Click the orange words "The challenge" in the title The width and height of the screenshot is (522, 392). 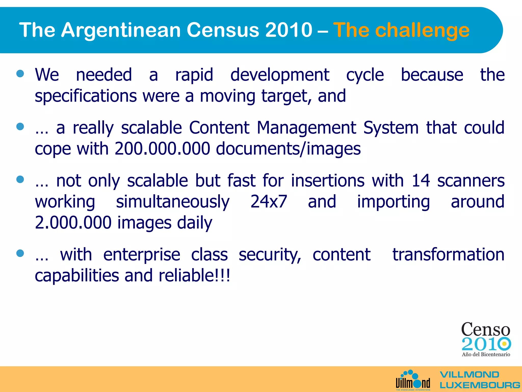(401, 30)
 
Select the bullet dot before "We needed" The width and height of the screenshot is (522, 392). (20, 74)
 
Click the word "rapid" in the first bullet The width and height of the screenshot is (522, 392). (194, 75)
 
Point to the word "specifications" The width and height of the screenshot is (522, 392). (86, 96)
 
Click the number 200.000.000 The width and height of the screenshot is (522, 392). (162, 149)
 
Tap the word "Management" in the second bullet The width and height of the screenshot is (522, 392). (306, 128)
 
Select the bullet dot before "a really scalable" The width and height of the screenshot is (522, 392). (20, 127)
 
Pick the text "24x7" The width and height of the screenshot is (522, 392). (269, 202)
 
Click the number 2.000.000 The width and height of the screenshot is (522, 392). (73, 223)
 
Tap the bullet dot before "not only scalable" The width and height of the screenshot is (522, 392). (20, 179)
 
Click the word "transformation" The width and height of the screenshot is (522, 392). (448, 255)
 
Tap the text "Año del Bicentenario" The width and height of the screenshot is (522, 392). (486, 354)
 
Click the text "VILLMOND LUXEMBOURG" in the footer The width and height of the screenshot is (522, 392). (479, 380)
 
